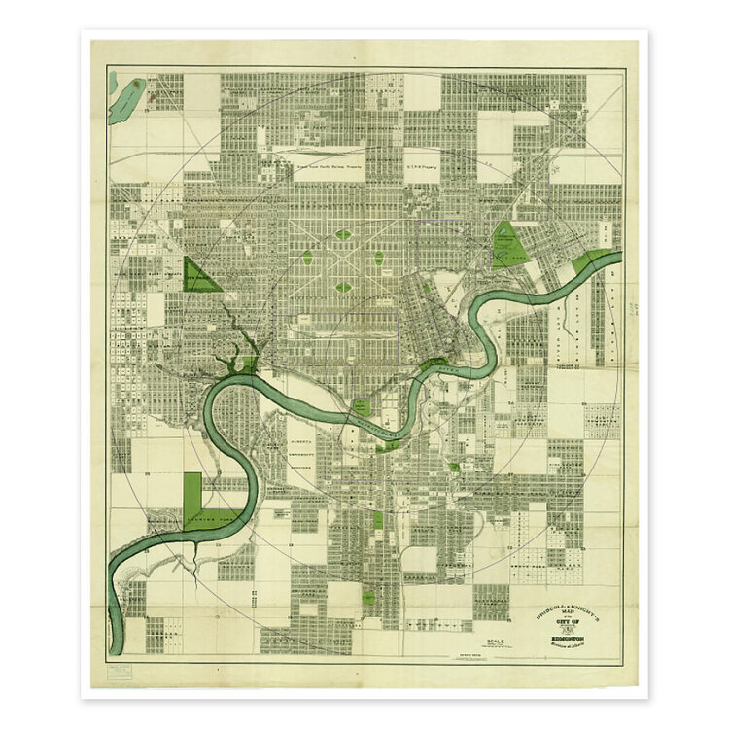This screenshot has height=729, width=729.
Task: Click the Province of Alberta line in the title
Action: click(573, 639)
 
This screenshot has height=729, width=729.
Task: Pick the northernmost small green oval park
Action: click(343, 234)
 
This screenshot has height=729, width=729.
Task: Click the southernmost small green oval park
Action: click(343, 287)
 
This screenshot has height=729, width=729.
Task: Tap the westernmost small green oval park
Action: click(308, 260)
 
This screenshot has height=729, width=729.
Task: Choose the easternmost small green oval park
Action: click(378, 260)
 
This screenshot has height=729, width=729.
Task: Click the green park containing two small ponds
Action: click(506, 245)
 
